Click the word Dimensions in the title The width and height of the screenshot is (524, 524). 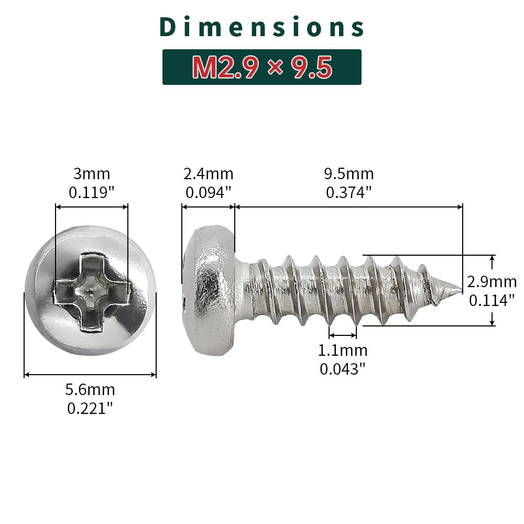[x=262, y=27]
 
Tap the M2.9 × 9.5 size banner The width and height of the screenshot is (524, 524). [x=262, y=67]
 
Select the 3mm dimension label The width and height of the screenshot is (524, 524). [x=92, y=174]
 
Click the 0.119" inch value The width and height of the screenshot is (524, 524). [x=92, y=192]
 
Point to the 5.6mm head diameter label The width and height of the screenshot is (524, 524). [x=90, y=389]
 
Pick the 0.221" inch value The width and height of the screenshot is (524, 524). [x=90, y=408]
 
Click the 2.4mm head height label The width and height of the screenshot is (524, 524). [x=209, y=174]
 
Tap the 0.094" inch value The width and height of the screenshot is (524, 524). [x=209, y=192]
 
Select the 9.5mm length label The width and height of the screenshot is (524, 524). [x=349, y=174]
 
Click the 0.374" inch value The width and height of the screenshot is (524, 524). [x=349, y=192]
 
